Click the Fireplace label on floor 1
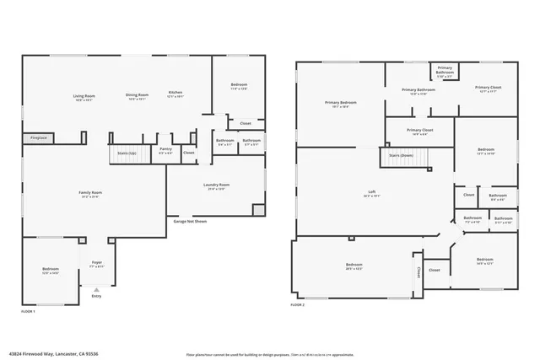39,137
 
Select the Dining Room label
137,96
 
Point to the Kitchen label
175,94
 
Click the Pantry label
165,151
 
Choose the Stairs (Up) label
127,153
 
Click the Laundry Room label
216,186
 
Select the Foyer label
96,265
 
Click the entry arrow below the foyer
95,287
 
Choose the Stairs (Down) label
401,155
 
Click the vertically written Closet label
418,271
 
